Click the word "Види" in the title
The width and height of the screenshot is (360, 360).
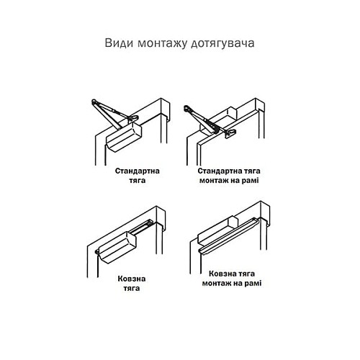pyautogui.click(x=118, y=42)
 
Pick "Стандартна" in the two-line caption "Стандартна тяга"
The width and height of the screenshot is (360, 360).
pyautogui.click(x=138, y=172)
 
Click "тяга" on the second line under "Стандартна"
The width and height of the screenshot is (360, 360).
pyautogui.click(x=138, y=182)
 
